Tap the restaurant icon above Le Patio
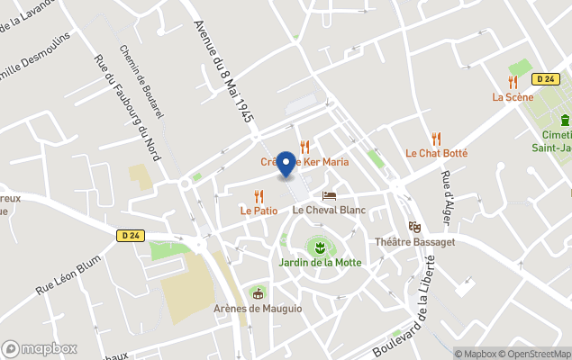tap(259, 195)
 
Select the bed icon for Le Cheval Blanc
tap(329, 195)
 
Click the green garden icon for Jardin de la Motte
tap(316, 246)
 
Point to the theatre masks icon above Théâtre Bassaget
tap(414, 227)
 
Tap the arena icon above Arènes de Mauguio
tap(259, 293)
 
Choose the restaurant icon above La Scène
tap(512, 82)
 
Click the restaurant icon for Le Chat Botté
tap(437, 139)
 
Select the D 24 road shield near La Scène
tap(544, 79)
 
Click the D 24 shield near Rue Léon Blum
tap(130, 236)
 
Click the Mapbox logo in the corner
tap(40, 348)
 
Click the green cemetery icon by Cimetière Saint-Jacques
tap(565, 120)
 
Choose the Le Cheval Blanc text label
tap(329, 210)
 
